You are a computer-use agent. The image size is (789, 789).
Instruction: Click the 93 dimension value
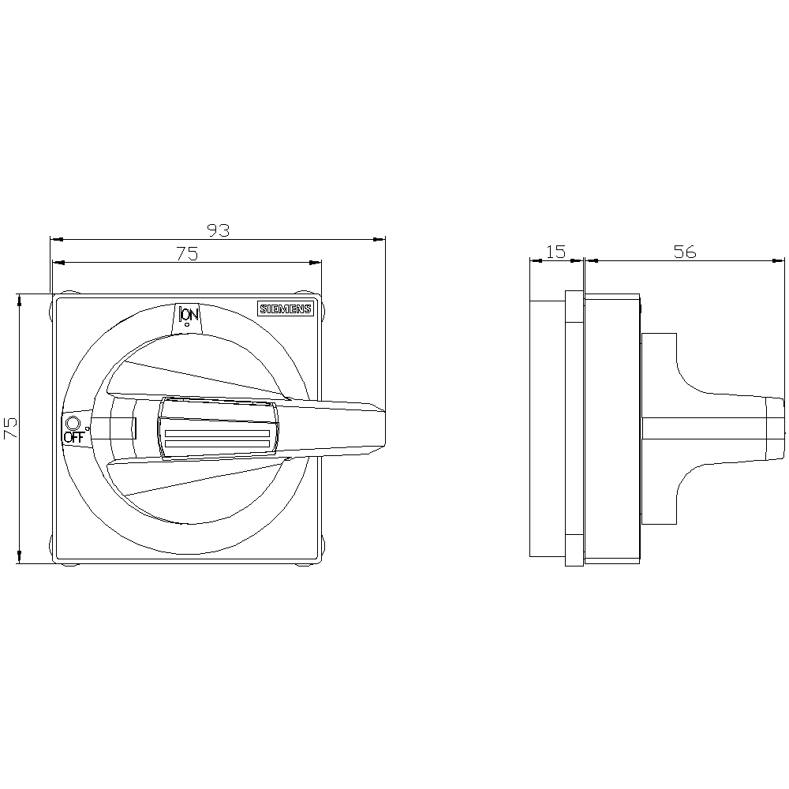pyautogui.click(x=219, y=230)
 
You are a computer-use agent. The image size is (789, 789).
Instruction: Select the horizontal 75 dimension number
pyautogui.click(x=187, y=253)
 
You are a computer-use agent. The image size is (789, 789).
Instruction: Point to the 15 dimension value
pyautogui.click(x=556, y=251)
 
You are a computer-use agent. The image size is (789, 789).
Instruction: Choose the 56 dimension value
pyautogui.click(x=685, y=252)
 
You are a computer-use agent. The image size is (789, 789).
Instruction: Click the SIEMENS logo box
pyautogui.click(x=286, y=309)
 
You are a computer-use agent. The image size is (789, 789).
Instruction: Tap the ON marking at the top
pyautogui.click(x=189, y=315)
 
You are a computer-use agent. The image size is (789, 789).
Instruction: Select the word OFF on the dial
pyautogui.click(x=73, y=437)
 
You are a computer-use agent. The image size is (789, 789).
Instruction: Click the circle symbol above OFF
pyautogui.click(x=73, y=422)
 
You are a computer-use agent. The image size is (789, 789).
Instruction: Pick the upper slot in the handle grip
pyautogui.click(x=217, y=433)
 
